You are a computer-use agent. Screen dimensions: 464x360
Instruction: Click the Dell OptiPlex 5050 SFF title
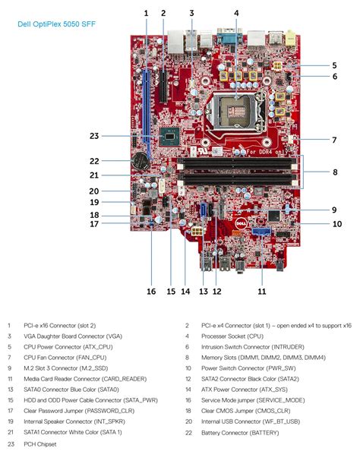point(57,24)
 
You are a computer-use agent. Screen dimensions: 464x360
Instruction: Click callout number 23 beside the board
point(94,136)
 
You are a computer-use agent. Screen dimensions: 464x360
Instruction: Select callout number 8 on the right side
point(334,172)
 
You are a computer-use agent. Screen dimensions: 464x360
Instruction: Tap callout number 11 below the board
point(262,290)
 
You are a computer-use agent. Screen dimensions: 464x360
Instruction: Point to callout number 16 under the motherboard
point(151,290)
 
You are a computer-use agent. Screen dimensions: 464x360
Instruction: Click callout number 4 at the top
point(236,13)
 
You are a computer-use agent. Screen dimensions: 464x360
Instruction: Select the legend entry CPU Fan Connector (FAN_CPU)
point(64,356)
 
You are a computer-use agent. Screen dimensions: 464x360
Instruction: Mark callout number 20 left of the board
point(94,191)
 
